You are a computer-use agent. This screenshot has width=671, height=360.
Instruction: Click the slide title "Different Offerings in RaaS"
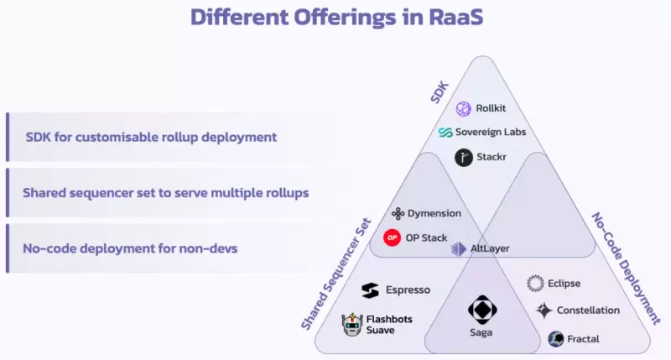pyautogui.click(x=335, y=18)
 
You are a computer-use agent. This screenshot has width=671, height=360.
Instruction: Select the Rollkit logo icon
pyautogui.click(x=464, y=109)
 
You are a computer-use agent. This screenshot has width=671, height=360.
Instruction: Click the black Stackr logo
pyautogui.click(x=464, y=157)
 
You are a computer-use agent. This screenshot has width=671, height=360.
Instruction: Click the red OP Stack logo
pyautogui.click(x=393, y=237)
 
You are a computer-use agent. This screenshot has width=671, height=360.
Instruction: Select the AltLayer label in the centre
pyautogui.click(x=489, y=249)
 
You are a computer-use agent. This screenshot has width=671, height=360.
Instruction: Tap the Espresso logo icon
pyautogui.click(x=370, y=290)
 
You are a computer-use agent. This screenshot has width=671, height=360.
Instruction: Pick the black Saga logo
pyautogui.click(x=482, y=310)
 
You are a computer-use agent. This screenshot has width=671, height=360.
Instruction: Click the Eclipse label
pyautogui.click(x=564, y=284)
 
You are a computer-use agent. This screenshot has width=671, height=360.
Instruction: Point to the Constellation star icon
pyautogui.click(x=544, y=310)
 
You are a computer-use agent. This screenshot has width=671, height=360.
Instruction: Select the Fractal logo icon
pyautogui.click(x=555, y=338)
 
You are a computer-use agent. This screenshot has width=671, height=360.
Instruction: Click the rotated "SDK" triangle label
pyautogui.click(x=440, y=92)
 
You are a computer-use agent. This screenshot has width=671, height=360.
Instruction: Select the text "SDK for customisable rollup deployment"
pyautogui.click(x=152, y=136)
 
